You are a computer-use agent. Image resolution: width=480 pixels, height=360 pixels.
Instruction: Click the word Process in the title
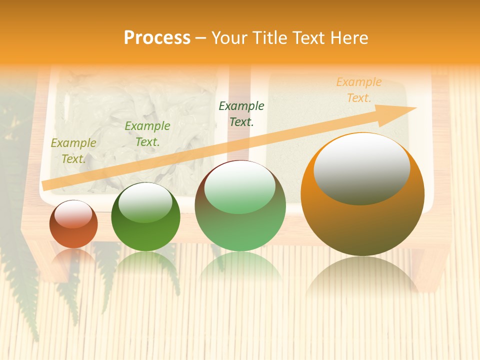click(x=157, y=37)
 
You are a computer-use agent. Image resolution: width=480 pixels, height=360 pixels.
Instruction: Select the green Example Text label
click(x=147, y=134)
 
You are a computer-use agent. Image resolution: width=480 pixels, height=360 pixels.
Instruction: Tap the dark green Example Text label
click(x=241, y=113)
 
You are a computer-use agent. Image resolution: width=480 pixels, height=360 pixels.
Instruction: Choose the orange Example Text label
click(x=359, y=90)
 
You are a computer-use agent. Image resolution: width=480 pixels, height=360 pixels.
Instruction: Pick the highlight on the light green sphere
click(x=240, y=187)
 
